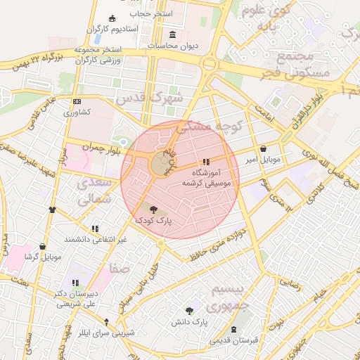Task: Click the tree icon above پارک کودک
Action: pyautogui.click(x=154, y=209)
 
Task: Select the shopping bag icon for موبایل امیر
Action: pyautogui.click(x=263, y=149)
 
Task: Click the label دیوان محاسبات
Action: pyautogui.click(x=173, y=46)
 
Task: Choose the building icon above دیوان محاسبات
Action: pyautogui.click(x=173, y=34)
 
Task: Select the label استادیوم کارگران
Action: pyautogui.click(x=115, y=30)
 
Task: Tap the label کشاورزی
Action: pyautogui.click(x=77, y=112)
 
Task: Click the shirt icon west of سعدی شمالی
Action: pyautogui.click(x=52, y=209)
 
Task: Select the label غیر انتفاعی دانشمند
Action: pyautogui.click(x=96, y=239)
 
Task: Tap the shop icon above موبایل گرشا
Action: pyautogui.click(x=42, y=247)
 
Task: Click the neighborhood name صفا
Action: pyautogui.click(x=118, y=269)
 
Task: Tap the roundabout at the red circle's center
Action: pyautogui.click(x=161, y=165)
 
